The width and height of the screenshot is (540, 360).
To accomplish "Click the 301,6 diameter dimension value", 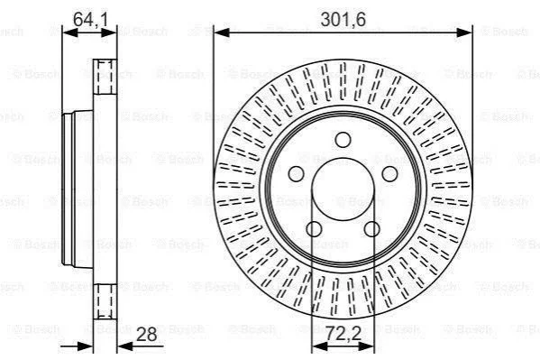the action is point(343,19).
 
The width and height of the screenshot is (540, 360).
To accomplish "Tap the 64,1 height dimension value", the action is point(90,19).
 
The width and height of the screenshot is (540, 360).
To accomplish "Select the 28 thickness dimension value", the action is point(146,334).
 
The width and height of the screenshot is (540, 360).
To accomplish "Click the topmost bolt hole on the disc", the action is point(343,140).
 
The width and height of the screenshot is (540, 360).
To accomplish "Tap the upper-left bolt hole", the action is point(296,174).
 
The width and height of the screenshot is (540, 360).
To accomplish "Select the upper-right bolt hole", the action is point(389,174).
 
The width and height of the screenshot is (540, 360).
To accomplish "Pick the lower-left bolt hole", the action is point(314,229).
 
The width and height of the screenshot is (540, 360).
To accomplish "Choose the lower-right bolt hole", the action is point(372,229).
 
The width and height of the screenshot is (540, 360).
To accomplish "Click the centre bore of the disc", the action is point(343,189).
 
